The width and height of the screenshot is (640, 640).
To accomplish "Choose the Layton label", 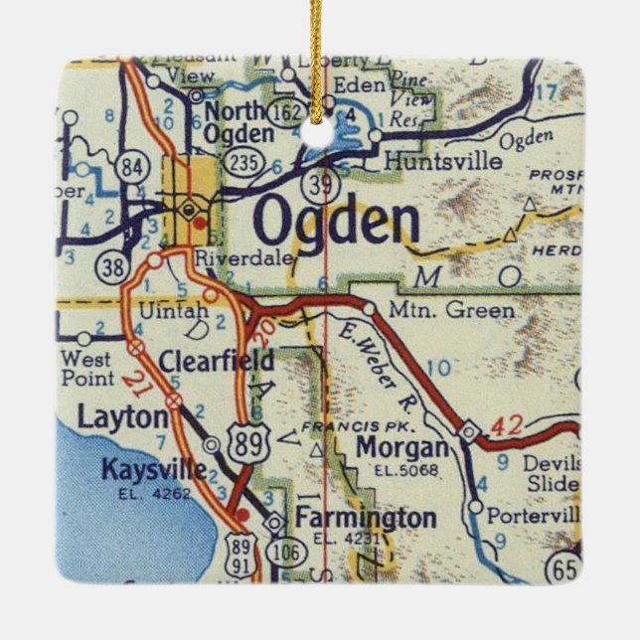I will [123, 418].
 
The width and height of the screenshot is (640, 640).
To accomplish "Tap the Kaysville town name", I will [153, 468].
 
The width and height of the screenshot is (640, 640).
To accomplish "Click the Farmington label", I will [365, 518].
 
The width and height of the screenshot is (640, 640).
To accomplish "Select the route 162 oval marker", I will [288, 112].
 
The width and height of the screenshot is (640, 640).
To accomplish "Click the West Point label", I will [86, 367].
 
